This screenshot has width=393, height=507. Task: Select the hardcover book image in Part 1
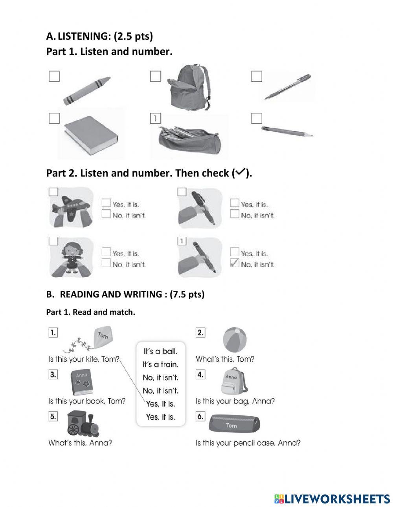(90, 135)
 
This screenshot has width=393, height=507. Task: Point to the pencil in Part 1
(287, 131)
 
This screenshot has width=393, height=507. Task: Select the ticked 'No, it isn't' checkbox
(235, 264)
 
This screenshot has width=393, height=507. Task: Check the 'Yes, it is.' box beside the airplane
(106, 203)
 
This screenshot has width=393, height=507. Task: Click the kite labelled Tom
(102, 337)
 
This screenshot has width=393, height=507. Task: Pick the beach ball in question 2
(235, 340)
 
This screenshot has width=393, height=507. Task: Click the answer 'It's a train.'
(160, 364)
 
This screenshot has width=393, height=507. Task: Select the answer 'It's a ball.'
(160, 351)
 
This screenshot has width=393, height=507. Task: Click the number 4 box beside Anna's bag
(200, 375)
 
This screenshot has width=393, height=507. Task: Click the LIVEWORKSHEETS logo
(332, 499)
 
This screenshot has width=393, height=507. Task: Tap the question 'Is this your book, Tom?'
(87, 401)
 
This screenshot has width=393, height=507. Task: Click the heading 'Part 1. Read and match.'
(90, 312)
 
